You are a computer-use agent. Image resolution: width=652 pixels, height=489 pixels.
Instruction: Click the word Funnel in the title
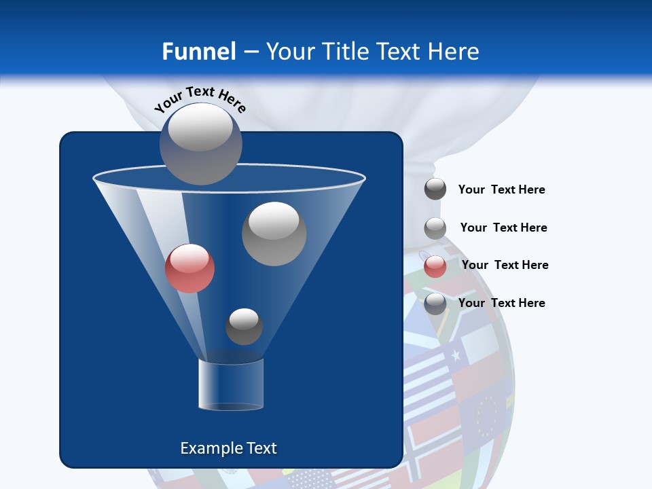click(x=198, y=52)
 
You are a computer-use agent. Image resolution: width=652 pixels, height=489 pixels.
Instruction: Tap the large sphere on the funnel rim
click(x=201, y=143)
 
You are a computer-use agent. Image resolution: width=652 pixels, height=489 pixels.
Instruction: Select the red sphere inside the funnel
click(x=189, y=268)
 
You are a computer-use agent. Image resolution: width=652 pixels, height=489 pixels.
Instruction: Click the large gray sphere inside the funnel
click(x=274, y=234)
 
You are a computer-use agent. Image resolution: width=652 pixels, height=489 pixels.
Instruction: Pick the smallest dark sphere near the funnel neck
click(x=244, y=326)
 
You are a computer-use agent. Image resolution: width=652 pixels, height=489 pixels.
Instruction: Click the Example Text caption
click(x=228, y=448)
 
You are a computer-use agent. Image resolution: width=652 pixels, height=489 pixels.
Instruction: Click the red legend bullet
click(x=435, y=266)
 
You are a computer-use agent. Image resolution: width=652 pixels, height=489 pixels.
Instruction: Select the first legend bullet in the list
click(x=435, y=189)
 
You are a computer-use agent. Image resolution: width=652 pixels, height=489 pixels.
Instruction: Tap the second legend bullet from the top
click(x=435, y=228)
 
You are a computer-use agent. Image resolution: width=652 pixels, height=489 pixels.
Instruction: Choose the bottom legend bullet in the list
click(x=435, y=304)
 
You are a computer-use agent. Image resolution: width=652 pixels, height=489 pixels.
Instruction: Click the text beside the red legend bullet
click(x=505, y=265)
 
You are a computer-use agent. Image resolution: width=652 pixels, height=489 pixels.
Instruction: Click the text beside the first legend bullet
click(x=501, y=189)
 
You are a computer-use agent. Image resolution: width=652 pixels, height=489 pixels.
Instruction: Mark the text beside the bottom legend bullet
click(x=501, y=303)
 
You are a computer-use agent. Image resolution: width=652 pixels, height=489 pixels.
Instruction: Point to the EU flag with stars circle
click(x=488, y=415)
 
